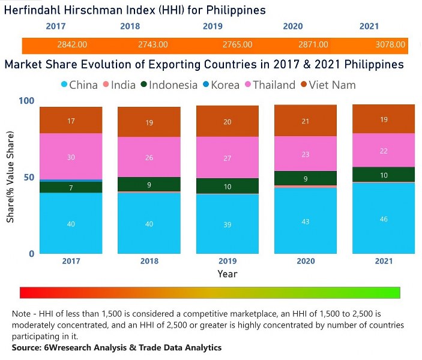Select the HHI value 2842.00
pos(73,45)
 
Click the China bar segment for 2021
pos(384,218)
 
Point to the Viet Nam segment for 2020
pos(306,121)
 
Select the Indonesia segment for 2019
pos(228,186)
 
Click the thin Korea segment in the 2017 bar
pos(71,180)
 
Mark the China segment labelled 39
pos(228,224)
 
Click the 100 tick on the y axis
pos(25,101)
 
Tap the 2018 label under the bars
pos(149,261)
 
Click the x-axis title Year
pos(228,274)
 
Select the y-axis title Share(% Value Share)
pos(10,177)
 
